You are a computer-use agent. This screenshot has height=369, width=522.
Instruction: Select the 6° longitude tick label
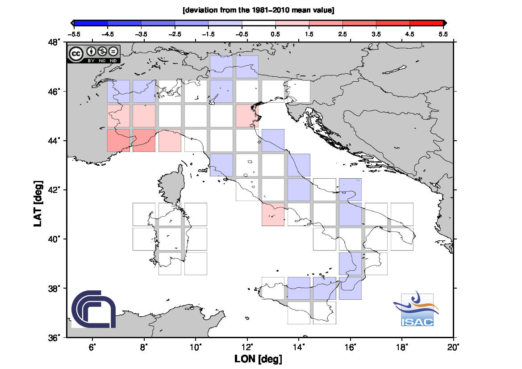click(92, 348)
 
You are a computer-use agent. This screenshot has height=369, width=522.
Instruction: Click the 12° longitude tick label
click(247, 348)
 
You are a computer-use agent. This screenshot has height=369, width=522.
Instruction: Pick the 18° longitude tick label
click(402, 348)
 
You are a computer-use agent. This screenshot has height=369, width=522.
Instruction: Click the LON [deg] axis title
click(259, 359)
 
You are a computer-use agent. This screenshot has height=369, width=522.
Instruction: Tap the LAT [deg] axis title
click(38, 204)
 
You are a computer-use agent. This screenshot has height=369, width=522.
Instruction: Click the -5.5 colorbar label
click(74, 34)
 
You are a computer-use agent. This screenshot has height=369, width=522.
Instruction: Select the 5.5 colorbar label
click(443, 34)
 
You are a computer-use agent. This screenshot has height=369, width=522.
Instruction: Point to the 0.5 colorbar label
click(276, 34)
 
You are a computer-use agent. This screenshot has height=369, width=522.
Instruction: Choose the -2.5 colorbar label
click(175, 34)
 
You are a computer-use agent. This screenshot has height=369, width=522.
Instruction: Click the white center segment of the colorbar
click(259, 23)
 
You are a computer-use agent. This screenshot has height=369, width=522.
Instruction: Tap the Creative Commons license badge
click(93, 54)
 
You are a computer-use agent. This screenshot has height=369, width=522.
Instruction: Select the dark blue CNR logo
click(93, 309)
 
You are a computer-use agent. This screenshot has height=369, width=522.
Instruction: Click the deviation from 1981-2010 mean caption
click(259, 10)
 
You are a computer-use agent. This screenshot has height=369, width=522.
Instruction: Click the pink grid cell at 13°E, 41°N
click(273, 214)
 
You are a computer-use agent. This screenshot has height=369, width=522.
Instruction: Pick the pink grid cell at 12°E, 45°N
click(247, 116)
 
